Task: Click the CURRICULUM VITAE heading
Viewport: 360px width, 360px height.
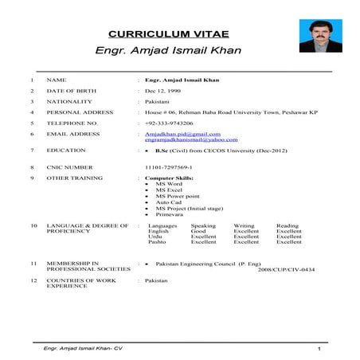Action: click(x=174, y=34)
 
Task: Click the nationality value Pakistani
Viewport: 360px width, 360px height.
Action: click(x=158, y=102)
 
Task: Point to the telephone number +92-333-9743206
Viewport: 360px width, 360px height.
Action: click(x=170, y=123)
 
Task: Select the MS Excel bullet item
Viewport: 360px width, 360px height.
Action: click(x=169, y=190)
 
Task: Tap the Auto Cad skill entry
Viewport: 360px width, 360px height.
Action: click(x=169, y=202)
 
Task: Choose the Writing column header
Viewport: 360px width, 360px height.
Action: click(x=244, y=225)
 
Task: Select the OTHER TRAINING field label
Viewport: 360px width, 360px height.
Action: click(x=73, y=178)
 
